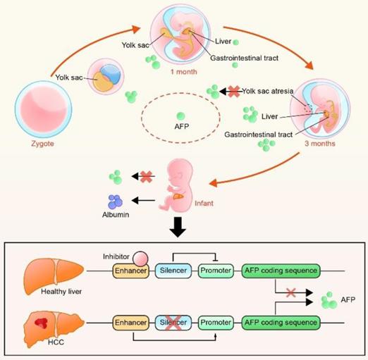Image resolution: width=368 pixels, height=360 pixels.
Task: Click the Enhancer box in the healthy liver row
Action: [x=131, y=271]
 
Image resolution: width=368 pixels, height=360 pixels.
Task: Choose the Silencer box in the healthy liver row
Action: [x=174, y=271]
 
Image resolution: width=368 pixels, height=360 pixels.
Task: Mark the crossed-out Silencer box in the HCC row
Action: [x=174, y=323]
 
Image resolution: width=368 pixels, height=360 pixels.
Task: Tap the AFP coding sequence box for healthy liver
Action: [x=280, y=271]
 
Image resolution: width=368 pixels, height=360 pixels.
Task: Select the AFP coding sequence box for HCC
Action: [x=280, y=323]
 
